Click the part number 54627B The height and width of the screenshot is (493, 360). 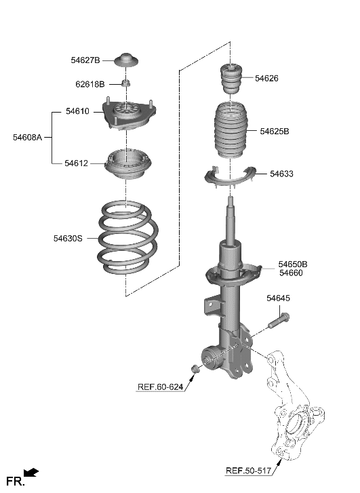coord(85,60)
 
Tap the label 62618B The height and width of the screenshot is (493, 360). coord(89,85)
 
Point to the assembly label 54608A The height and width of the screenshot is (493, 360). coord(27,137)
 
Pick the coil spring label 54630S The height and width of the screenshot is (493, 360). coord(68,238)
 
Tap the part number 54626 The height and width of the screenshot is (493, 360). coord(266,78)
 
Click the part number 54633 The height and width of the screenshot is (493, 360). coord(281,174)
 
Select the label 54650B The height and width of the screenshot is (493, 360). coord(292,264)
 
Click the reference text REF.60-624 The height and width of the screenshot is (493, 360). coord(160,387)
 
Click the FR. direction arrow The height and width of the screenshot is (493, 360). coord(31,473)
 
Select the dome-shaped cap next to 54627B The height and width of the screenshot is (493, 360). coord(125,60)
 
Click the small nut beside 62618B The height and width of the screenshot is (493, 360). coord(125,83)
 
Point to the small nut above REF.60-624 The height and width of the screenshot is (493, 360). coord(195,368)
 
